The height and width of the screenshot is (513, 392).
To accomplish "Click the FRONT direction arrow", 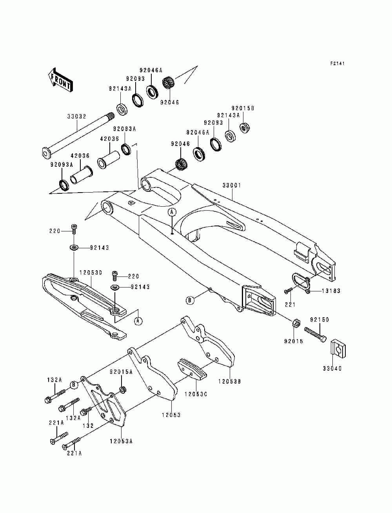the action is tap(60, 80).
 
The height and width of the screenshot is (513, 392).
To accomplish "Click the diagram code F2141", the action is tap(338, 64).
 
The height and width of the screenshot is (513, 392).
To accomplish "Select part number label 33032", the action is tap(77, 116).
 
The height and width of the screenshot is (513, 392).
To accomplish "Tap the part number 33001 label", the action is tap(232, 186).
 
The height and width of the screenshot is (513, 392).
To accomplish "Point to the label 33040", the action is tap(332, 369).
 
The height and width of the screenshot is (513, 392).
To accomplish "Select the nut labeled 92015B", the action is tap(245, 127).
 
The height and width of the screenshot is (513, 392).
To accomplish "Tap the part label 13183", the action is tap(331, 291).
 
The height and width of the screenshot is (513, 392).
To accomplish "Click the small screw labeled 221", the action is tap(288, 291).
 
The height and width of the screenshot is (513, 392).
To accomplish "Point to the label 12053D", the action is tap(91, 273).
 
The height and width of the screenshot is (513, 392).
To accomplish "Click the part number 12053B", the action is tap(230, 382).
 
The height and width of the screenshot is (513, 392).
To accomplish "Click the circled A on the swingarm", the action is tap(172, 212).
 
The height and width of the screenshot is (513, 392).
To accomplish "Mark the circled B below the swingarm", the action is tap(190, 300).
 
